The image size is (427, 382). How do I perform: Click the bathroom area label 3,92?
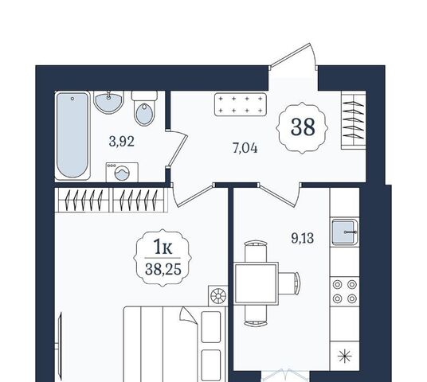121,142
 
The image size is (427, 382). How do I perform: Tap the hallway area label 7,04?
245,148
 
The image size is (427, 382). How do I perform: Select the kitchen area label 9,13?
303,238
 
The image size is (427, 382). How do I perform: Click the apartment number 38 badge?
303,127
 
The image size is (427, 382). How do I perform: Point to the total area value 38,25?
163,270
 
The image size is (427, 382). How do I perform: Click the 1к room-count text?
163,247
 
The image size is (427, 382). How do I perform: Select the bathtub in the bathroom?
72,135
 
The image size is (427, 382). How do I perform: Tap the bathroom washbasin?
108,102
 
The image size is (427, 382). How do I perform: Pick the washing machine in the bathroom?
122,172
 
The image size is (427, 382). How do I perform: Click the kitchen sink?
345,232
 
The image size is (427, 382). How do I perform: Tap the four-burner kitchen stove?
345,291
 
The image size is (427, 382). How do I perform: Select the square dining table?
256,283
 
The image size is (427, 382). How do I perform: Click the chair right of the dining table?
289,283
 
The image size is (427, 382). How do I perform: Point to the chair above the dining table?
256,251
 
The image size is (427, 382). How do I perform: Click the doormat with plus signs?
241,104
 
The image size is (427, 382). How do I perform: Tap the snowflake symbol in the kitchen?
345,357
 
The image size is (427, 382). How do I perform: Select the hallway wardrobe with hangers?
354,120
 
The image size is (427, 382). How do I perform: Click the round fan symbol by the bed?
218,295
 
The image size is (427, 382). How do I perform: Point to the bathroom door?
177,148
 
